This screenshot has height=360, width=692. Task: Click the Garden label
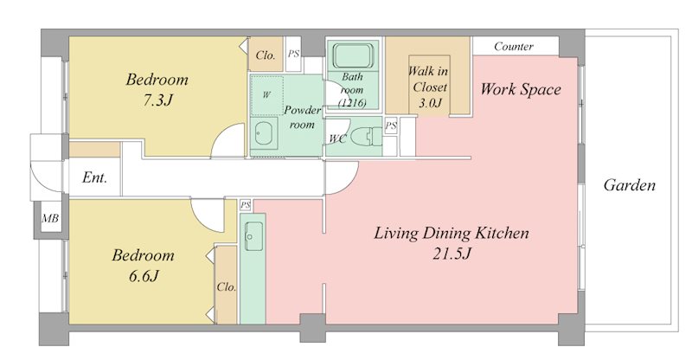630,184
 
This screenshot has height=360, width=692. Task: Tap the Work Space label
521,89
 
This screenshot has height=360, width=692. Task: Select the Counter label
514,47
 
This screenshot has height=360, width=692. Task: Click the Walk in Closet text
428,79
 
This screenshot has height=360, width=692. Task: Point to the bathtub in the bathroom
353,55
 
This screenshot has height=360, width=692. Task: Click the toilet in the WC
365,136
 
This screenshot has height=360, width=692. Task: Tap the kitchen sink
253,236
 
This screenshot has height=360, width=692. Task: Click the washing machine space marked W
266,95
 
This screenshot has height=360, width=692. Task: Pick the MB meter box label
50,218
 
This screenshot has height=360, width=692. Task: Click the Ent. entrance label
94,177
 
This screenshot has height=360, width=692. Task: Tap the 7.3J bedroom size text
157,100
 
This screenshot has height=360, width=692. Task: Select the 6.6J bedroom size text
144,276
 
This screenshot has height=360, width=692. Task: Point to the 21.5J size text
452,254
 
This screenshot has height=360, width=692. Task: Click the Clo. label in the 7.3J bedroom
266,55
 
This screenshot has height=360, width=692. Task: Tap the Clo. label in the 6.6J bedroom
227,287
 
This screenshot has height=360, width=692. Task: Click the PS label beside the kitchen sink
246,204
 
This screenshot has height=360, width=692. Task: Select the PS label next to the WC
391,125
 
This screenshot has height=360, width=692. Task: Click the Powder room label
302,117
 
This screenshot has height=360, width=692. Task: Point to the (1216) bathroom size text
352,103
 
